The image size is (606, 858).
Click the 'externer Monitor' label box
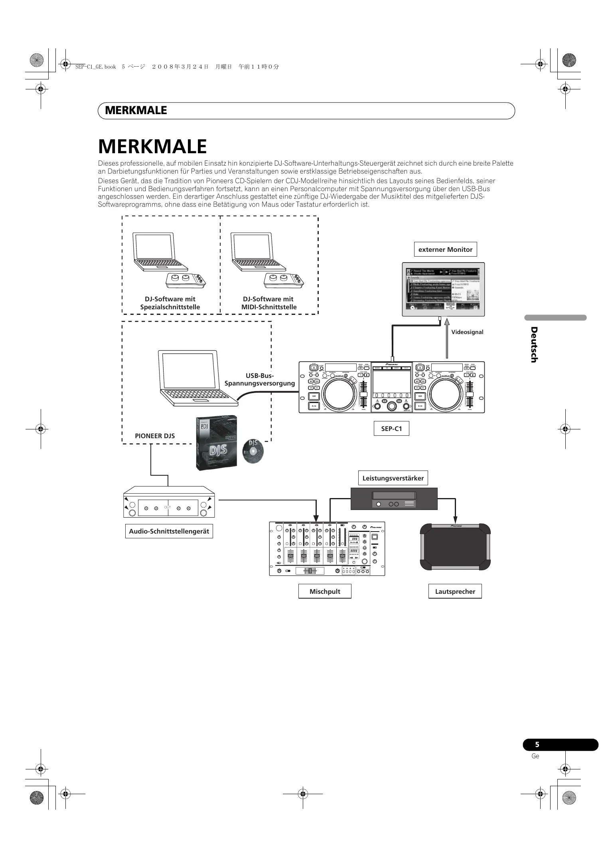pos(445,249)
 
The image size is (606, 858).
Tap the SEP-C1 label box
pos(391,429)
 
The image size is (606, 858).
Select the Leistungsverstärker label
pos(393,478)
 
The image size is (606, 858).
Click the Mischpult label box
pos(325,591)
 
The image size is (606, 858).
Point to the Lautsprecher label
pos(455,591)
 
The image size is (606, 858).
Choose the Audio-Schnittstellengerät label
pos(169,532)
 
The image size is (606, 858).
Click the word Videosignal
pos(467,332)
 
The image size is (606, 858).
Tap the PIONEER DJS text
pos(155,436)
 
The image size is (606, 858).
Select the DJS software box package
pos(216,443)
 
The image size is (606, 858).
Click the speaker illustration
pos(455,547)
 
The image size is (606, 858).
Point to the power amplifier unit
pos(394,499)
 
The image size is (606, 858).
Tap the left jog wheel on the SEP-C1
pos(339,393)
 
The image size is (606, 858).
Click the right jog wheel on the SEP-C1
pos(446,393)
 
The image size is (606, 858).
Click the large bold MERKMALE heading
pos(152,146)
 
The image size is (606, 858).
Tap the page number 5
pos(537,744)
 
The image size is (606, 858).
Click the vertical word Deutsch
pos(534,345)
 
